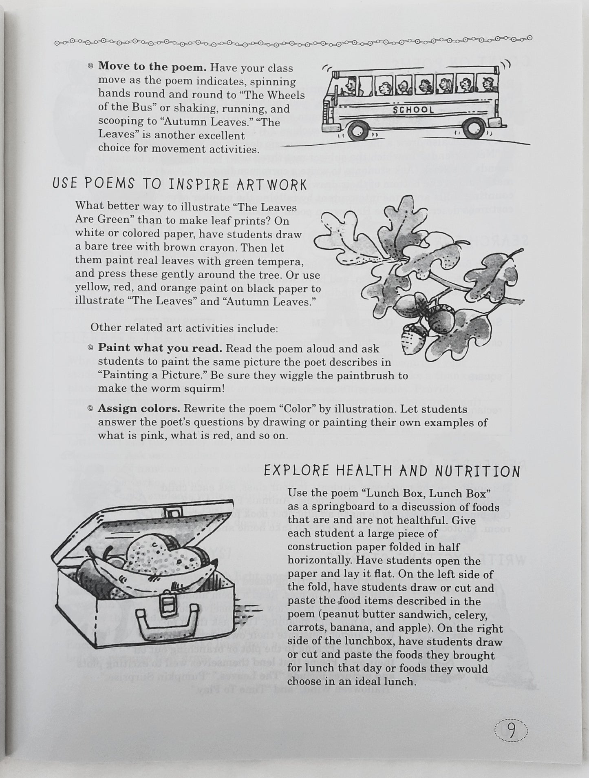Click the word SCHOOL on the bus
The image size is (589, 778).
tap(413, 109)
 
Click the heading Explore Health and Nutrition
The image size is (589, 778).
tap(392, 471)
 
